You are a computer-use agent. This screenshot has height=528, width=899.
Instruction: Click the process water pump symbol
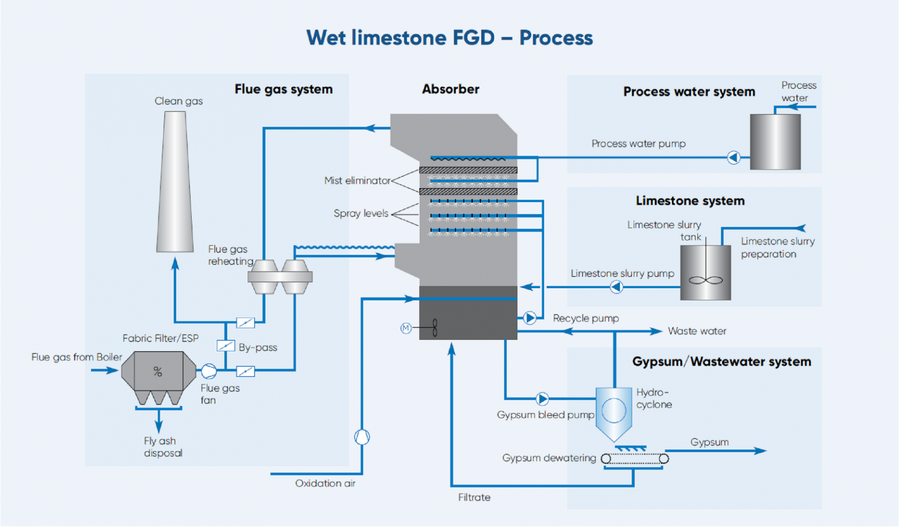click(733, 157)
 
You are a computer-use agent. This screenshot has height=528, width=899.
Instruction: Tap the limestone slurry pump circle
click(616, 287)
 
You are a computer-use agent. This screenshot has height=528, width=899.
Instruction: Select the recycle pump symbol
click(529, 318)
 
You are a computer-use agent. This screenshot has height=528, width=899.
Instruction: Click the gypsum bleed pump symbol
click(542, 399)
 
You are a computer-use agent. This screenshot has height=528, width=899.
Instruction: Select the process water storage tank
click(775, 142)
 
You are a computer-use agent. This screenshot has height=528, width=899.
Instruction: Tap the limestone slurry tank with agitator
click(706, 273)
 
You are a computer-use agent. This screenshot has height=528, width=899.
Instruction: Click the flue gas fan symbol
click(208, 371)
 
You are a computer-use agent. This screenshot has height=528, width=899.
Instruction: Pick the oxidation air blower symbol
click(362, 437)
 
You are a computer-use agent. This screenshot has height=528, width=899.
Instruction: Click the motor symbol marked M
click(406, 328)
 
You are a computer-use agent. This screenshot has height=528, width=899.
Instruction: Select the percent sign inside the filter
click(158, 371)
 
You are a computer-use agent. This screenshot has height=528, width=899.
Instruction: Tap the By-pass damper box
click(226, 346)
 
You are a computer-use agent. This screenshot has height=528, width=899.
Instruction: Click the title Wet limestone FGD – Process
click(449, 38)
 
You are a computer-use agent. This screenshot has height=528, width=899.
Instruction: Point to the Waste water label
click(697, 331)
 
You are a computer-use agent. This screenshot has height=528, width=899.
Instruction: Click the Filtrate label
click(474, 497)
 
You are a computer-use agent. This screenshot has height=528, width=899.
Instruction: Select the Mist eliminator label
click(357, 181)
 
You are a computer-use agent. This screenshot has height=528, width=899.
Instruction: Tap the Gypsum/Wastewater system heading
click(721, 362)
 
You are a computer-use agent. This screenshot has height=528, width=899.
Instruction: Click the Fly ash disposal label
click(163, 447)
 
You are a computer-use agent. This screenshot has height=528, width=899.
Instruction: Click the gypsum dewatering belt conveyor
click(635, 459)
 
